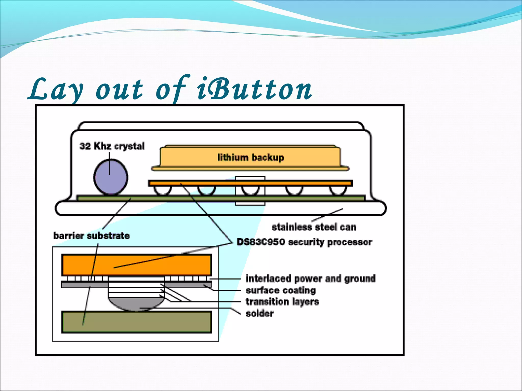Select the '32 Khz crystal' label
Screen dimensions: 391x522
pos(112,146)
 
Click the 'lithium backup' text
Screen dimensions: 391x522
pos(250,158)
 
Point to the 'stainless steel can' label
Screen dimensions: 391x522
pos(314,227)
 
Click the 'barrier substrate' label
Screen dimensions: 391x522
pos(92,236)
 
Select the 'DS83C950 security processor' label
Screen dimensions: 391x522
pos(304,242)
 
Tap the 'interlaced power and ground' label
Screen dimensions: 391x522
pos(310,278)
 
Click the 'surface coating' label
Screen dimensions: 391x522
pos(281,290)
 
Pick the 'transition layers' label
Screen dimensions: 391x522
pos(282,302)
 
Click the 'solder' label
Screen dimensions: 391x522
pos(260,313)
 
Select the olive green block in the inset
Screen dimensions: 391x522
pos(136,322)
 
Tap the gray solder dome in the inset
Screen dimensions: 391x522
pos(136,304)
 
